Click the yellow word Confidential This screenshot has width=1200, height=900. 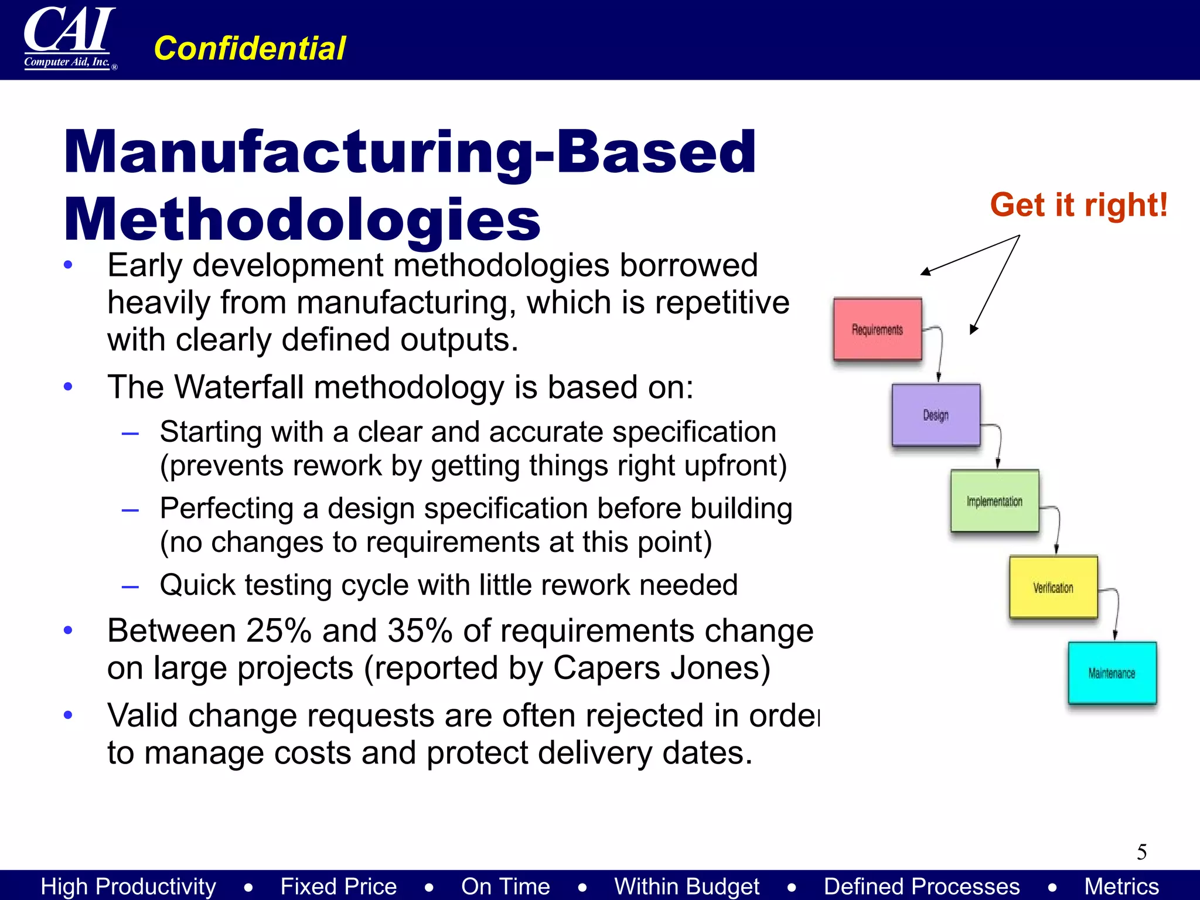pyautogui.click(x=250, y=48)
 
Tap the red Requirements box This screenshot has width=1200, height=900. pyautogui.click(x=877, y=329)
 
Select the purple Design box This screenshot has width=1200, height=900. pyautogui.click(x=936, y=415)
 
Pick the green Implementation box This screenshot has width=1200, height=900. pyautogui.click(x=994, y=501)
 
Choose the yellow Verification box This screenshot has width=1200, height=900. pyautogui.click(x=1053, y=587)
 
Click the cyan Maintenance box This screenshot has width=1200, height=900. pyautogui.click(x=1112, y=673)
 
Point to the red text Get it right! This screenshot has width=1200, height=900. pyautogui.click(x=1079, y=205)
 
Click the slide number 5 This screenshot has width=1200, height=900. pyautogui.click(x=1141, y=852)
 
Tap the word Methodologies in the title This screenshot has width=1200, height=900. pyautogui.click(x=302, y=220)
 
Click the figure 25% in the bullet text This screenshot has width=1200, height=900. pyautogui.click(x=278, y=631)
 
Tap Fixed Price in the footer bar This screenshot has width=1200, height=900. pyautogui.click(x=339, y=886)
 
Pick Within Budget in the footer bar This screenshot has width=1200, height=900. pyautogui.click(x=687, y=886)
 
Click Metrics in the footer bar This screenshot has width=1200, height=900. pyautogui.click(x=1121, y=886)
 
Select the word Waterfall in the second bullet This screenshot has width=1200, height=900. pyautogui.click(x=241, y=387)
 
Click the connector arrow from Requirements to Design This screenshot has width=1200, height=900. pyautogui.click(x=940, y=352)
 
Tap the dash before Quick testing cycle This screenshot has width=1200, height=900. pyautogui.click(x=130, y=586)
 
